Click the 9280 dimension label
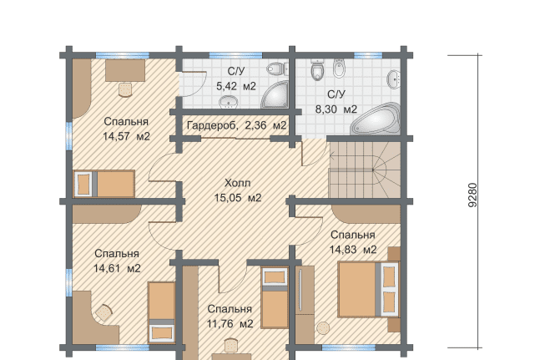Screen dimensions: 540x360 pos(473,195)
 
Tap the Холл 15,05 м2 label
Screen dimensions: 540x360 pos(238,190)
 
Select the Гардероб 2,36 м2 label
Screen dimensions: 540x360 pos(236,125)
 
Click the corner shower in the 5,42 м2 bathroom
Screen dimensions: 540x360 pos(275,94)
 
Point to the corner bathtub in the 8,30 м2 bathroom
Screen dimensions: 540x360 pos(376,119)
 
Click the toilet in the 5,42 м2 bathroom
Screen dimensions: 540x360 pos(277,68)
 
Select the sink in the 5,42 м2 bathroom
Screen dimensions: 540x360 pos(229,102)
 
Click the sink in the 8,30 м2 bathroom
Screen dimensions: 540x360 pos(394,79)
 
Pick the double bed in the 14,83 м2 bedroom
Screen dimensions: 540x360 pos(369,289)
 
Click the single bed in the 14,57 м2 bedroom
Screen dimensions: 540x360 pos(104,184)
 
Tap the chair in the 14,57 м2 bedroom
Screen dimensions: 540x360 pos(125,89)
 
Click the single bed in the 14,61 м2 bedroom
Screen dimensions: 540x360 pos(162,312)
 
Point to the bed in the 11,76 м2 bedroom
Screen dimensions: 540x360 pos(275,297)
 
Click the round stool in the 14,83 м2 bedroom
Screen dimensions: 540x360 pos(323,328)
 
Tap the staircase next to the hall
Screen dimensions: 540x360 pos(365,170)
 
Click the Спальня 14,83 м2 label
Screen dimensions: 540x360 pos(353,242)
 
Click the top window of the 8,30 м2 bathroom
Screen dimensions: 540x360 pos(368,55)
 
